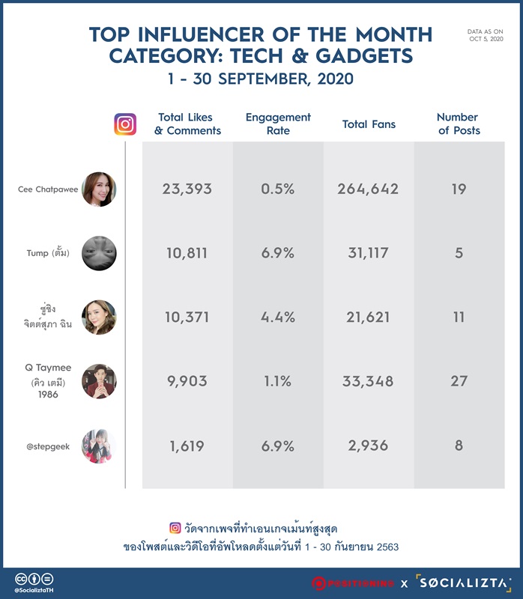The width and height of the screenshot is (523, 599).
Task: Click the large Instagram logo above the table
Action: [x=125, y=124]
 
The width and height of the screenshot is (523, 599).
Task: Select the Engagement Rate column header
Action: [x=278, y=124]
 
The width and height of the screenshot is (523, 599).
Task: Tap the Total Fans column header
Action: [x=369, y=124]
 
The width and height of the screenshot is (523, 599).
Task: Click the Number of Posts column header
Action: [x=459, y=124]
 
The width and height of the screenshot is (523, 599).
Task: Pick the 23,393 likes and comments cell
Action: [x=187, y=189]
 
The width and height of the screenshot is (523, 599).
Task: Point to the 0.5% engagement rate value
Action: [x=277, y=189]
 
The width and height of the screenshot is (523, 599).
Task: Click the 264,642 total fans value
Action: [x=368, y=189]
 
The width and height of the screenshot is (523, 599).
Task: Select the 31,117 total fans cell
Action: [x=368, y=253]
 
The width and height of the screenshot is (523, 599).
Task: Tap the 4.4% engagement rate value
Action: [x=277, y=317]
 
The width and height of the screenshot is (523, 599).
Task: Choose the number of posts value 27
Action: [x=459, y=381]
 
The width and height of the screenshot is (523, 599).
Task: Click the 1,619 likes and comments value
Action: [x=187, y=446]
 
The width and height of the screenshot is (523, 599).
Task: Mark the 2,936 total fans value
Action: [x=368, y=446]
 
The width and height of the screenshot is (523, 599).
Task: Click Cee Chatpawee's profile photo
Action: [x=99, y=189]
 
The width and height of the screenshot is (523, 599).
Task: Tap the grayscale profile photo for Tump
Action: [x=99, y=253]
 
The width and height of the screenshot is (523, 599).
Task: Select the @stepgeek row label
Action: [x=48, y=446]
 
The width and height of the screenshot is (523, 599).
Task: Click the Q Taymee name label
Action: [x=48, y=368]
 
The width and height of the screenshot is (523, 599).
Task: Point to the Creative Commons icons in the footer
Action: [x=34, y=579]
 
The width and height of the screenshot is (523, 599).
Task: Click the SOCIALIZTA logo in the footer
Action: [x=464, y=583]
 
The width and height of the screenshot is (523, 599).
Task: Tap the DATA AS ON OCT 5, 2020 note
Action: [x=486, y=35]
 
